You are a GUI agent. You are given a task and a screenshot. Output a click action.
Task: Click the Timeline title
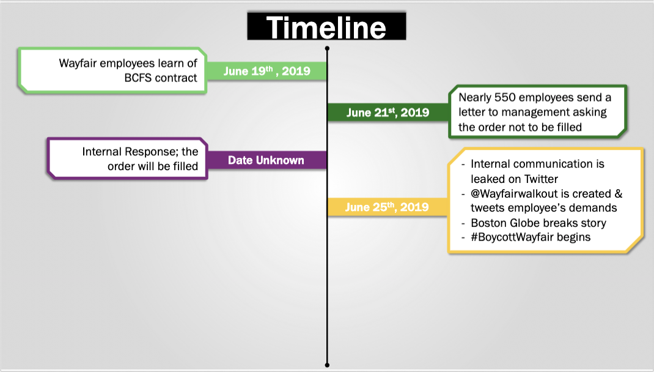pos(326,27)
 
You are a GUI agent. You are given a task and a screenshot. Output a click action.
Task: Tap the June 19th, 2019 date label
pos(267,70)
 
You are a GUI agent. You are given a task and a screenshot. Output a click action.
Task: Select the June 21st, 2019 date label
pos(388,112)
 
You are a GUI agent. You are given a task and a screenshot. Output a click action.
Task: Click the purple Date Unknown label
pos(266,160)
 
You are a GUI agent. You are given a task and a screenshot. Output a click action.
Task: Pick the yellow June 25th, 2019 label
pos(387,207)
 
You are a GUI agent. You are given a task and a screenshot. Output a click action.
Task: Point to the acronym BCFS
pos(138,78)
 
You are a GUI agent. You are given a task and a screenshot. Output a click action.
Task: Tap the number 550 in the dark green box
pos(505,97)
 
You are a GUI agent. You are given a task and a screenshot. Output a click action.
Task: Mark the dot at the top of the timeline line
pos(327,48)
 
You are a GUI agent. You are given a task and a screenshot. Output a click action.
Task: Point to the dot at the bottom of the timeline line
pos(327,365)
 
